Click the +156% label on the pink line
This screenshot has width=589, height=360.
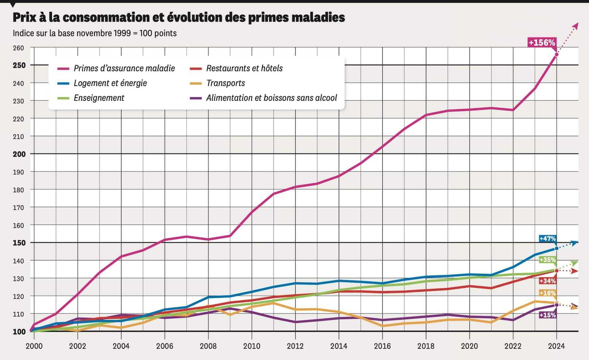(542, 43)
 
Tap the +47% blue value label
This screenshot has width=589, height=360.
(547, 238)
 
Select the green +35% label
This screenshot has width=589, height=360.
(547, 260)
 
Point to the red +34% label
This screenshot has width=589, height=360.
(547, 281)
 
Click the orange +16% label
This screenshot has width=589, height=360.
(547, 293)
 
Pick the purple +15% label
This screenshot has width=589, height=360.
(547, 315)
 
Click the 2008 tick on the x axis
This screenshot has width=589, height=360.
(208, 346)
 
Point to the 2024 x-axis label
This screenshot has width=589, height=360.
(556, 346)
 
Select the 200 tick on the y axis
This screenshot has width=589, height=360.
(19, 154)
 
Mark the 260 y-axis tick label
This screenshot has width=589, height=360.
(19, 48)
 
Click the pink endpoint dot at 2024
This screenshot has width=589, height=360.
(556, 55)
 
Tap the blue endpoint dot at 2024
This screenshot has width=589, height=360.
(556, 248)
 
